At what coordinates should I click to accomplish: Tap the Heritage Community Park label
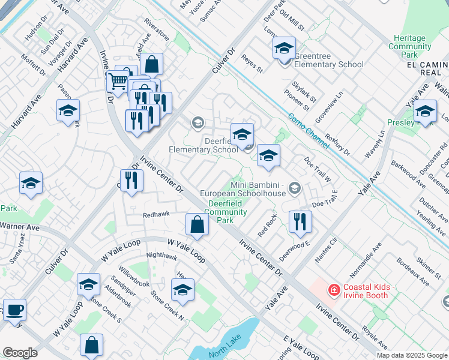tap(410, 46)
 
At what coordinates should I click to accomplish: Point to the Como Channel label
tap(308, 132)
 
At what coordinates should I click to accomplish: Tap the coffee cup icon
tap(15, 310)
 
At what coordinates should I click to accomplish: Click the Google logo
tap(20, 353)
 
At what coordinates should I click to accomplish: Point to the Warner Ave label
tap(19, 227)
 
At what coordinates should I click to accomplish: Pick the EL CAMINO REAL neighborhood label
tap(427, 68)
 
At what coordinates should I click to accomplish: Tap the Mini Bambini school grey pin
tap(294, 189)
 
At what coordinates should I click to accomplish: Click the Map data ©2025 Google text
tap(412, 355)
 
